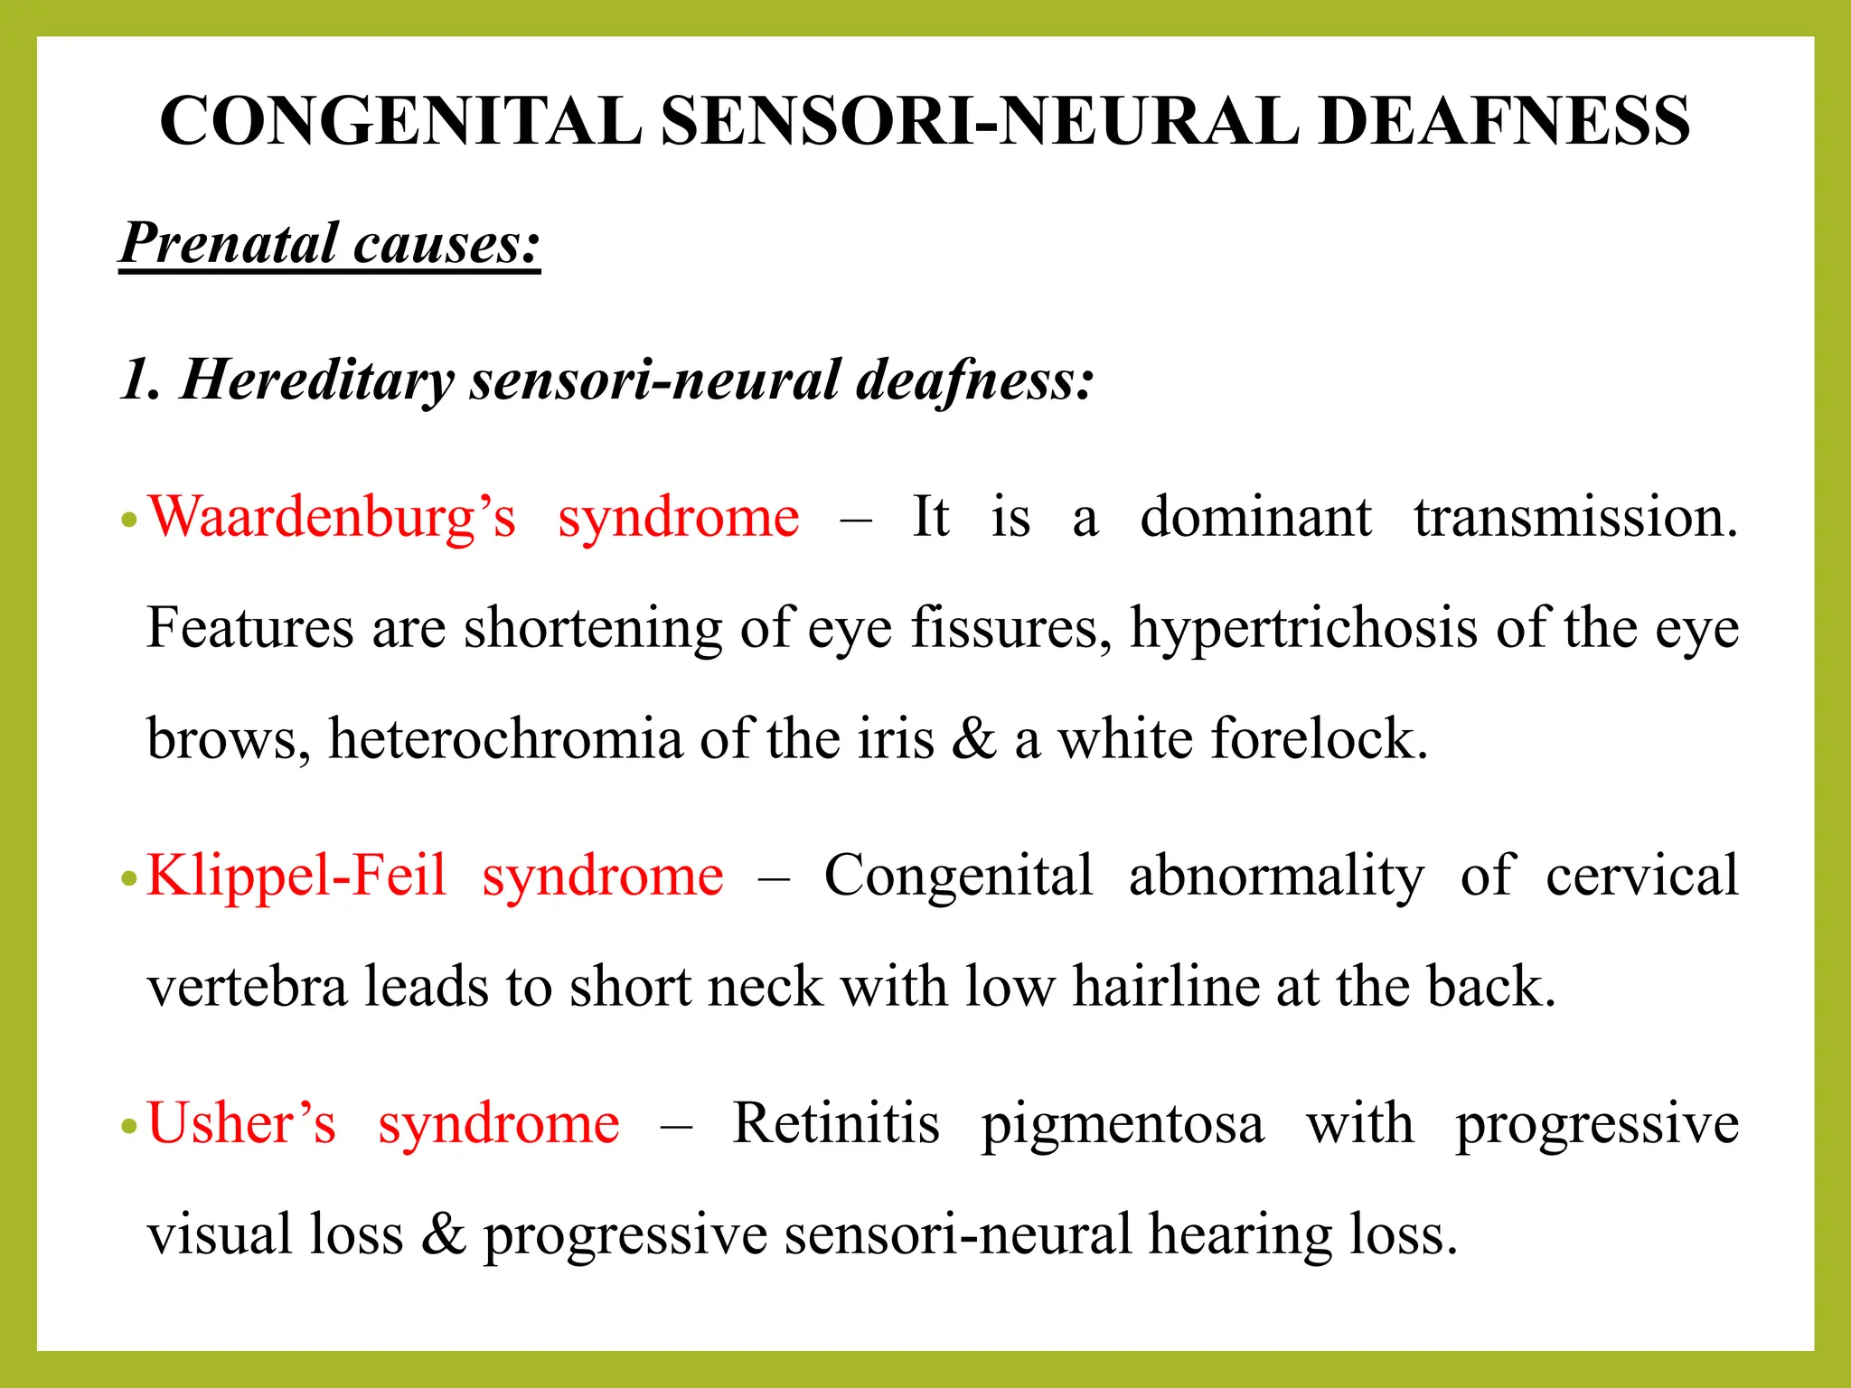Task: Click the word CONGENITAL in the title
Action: pos(400,121)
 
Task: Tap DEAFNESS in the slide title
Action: pos(1504,121)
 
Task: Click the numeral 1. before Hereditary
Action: pos(140,380)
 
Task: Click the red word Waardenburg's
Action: pos(332,519)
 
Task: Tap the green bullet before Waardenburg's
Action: pos(129,520)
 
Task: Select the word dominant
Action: pos(1255,518)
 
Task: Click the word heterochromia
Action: pos(504,739)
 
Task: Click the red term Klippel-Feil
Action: pos(296,877)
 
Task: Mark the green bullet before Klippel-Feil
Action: pos(129,878)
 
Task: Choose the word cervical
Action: pos(1641,877)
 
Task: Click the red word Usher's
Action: pos(241,1125)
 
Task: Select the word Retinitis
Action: pos(835,1125)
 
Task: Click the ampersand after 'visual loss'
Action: pos(443,1235)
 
